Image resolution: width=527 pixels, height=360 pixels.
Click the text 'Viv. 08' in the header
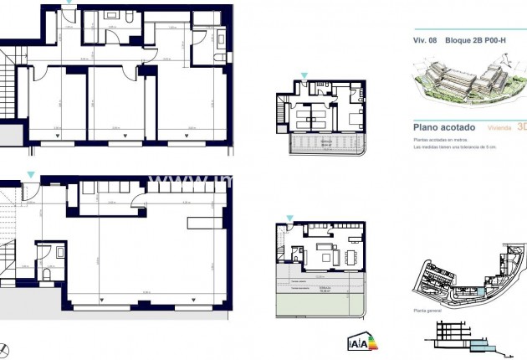426,39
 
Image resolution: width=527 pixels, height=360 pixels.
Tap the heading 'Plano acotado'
444,127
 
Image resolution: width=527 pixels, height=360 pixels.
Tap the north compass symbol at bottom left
6,349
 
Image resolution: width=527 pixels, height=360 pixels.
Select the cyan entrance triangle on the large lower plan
31,174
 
